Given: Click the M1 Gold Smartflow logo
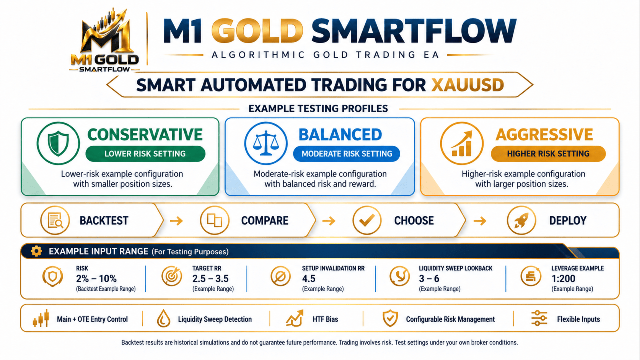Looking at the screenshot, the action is click(105, 40).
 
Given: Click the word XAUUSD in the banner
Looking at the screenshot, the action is click(467, 85).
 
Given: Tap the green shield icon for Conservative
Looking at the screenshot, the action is click(58, 143).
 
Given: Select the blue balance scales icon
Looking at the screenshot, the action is click(266, 143).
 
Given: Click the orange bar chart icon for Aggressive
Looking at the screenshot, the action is click(462, 143).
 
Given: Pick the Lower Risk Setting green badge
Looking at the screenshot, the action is click(145, 154).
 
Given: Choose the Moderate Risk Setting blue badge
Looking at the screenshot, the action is click(347, 154).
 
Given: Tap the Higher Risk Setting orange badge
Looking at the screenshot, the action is click(548, 154).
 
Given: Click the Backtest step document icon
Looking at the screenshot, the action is click(55, 220).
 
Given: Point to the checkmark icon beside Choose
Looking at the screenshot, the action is click(367, 220).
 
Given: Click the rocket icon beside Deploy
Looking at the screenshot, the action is click(521, 220).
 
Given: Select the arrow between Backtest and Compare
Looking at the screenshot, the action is click(176, 221).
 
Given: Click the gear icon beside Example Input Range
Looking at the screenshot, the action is click(36, 251).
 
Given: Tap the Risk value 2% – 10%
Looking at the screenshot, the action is click(96, 279).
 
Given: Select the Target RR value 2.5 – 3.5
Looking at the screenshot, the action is click(210, 279).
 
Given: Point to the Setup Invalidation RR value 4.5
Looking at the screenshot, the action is click(309, 279).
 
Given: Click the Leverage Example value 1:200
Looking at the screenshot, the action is click(563, 279).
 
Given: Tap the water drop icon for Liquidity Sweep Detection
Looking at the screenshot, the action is click(163, 319).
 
